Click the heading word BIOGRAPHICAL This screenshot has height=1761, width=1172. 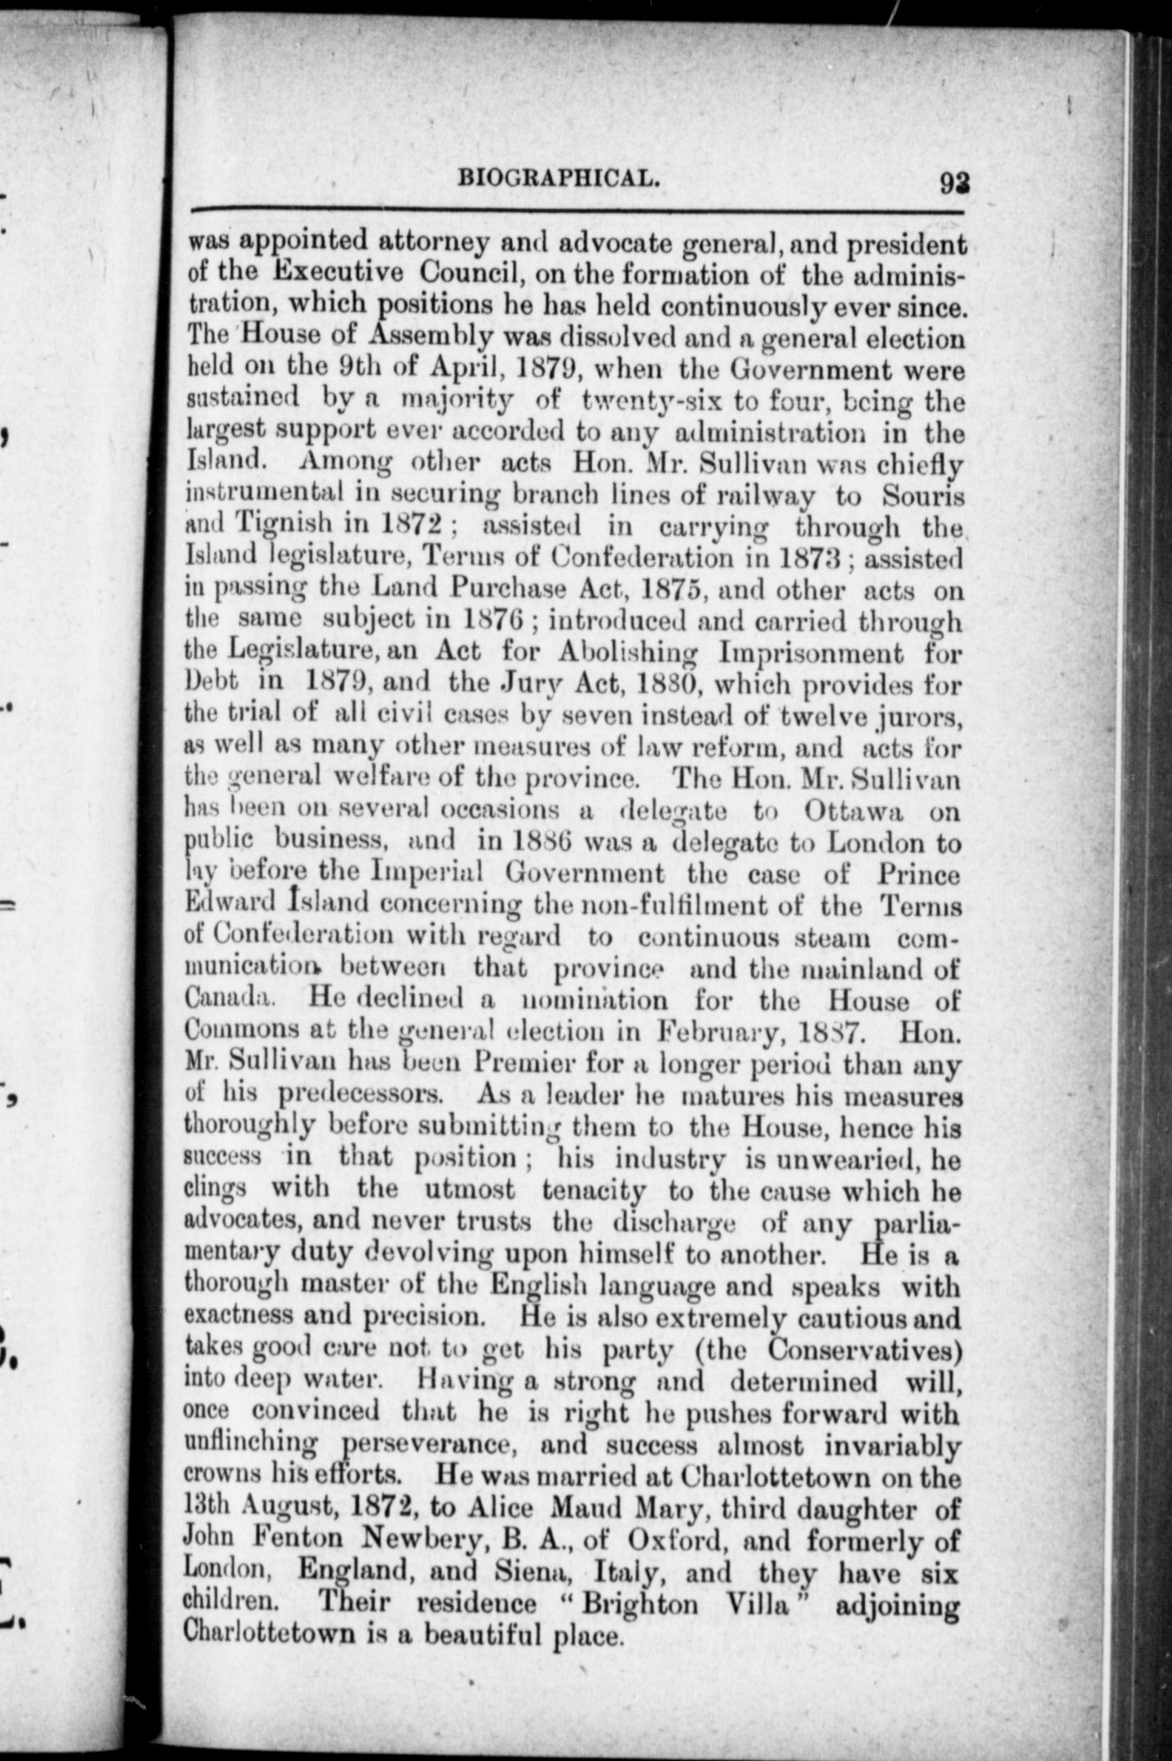559,178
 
